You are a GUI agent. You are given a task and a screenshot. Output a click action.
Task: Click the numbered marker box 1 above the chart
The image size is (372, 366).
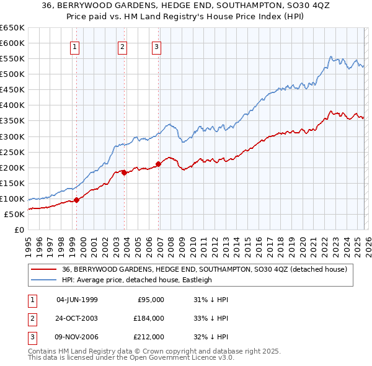[x=74, y=46]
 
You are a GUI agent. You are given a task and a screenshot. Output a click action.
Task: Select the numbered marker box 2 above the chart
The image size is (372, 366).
[x=123, y=46]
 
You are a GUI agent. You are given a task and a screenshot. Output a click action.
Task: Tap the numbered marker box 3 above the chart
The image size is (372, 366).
[x=156, y=46]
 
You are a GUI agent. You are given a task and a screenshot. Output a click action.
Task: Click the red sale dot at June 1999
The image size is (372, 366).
[x=77, y=200]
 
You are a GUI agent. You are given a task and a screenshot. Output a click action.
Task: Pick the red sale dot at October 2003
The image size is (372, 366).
[x=125, y=172]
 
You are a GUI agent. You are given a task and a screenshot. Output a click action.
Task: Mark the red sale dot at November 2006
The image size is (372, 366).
[x=158, y=164]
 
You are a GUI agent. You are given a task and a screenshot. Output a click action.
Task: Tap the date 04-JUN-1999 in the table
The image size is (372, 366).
[x=77, y=300]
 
